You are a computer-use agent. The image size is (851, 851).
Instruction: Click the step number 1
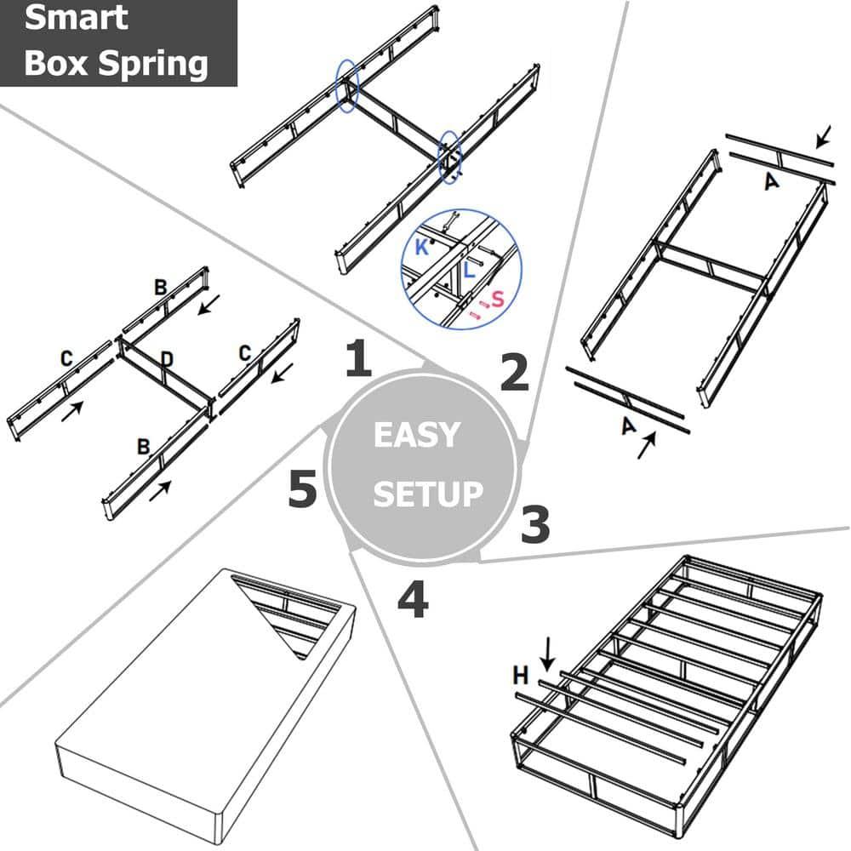tap(358, 359)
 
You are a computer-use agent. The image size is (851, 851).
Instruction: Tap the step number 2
tap(513, 372)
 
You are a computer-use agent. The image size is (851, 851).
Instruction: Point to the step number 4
tap(413, 601)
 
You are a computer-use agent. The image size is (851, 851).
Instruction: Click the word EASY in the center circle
tap(416, 436)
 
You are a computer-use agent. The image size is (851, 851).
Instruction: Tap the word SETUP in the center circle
tap(427, 494)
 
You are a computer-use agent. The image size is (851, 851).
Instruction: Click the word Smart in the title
tap(77, 19)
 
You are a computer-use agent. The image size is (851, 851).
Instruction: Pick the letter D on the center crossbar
tap(167, 360)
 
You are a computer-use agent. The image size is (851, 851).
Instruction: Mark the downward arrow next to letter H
tap(546, 654)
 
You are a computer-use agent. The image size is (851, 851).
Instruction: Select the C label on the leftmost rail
tap(66, 359)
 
